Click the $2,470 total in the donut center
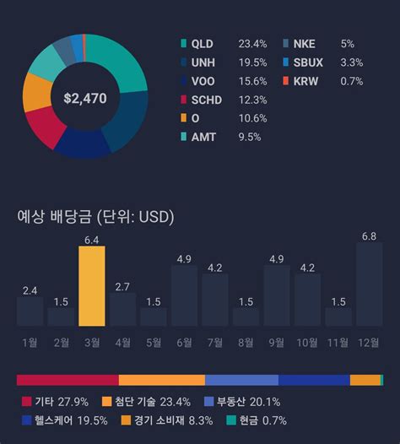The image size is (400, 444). pyautogui.click(x=84, y=99)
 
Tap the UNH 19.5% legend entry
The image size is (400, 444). pyautogui.click(x=223, y=62)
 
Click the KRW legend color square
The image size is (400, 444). pyautogui.click(x=287, y=81)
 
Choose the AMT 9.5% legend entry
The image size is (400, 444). pyautogui.click(x=221, y=137)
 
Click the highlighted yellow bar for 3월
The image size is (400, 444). pyautogui.click(x=92, y=286)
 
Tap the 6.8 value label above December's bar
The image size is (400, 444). pyautogui.click(x=369, y=236)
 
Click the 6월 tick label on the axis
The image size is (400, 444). pyautogui.click(x=184, y=342)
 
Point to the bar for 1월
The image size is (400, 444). pyautogui.click(x=30, y=311)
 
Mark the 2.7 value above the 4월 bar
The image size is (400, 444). pyautogui.click(x=122, y=287)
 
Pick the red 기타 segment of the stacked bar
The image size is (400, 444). pyautogui.click(x=68, y=380)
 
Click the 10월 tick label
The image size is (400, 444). pyautogui.click(x=307, y=342)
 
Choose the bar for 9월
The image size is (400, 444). pyautogui.click(x=277, y=296)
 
